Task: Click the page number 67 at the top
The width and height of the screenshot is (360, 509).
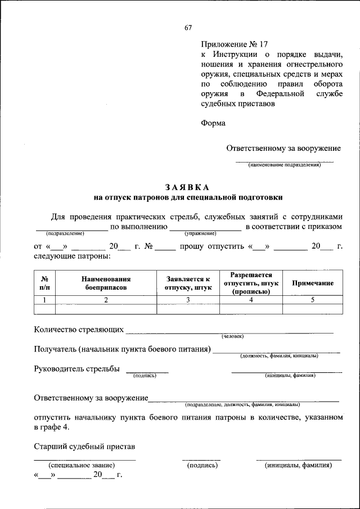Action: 188,29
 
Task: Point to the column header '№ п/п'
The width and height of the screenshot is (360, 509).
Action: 44,283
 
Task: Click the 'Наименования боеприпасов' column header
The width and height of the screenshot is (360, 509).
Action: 106,283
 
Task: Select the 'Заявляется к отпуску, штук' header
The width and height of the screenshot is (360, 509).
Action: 188,283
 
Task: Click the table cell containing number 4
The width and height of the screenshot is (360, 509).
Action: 251,300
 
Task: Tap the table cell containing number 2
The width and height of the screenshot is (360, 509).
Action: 106,300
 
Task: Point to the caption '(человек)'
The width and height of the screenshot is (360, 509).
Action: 233,336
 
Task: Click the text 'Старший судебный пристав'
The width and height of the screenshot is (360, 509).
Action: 84,447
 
